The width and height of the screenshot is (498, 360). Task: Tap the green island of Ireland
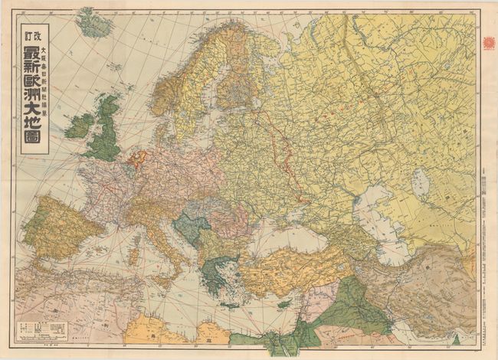click(x=79, y=125)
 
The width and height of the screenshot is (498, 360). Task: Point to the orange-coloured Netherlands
click(x=137, y=159)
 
